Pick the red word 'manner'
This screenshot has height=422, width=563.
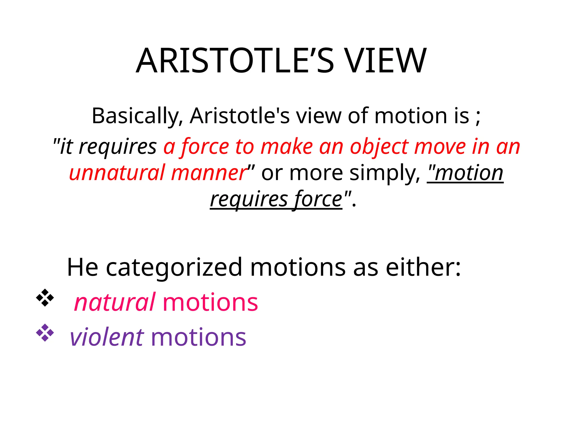[209, 173]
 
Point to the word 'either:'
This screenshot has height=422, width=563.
[423, 267]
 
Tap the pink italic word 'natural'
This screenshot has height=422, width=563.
[115, 302]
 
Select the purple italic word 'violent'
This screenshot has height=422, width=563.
[107, 337]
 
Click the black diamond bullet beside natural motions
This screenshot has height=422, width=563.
[45, 298]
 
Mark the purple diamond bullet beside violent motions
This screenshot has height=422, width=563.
[45, 333]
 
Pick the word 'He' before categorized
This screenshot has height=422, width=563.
[82, 267]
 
